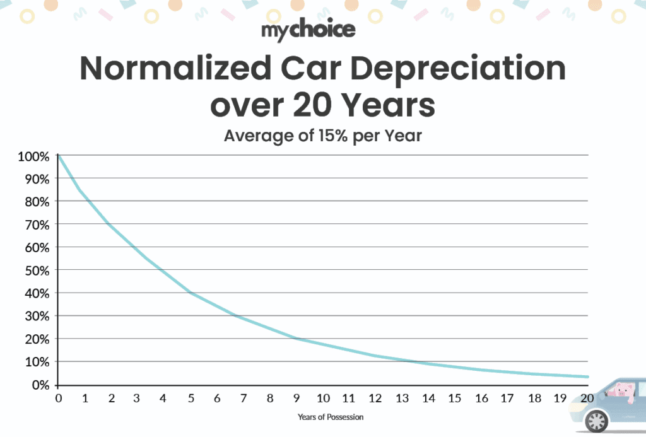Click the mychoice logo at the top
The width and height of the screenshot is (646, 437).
point(308,30)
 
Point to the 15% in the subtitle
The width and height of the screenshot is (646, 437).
point(329,135)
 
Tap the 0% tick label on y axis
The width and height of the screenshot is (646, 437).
point(39,384)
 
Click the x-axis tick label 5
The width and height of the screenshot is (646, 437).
point(191,399)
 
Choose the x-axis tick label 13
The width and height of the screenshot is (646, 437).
point(402,399)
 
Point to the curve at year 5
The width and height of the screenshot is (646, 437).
point(191,293)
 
